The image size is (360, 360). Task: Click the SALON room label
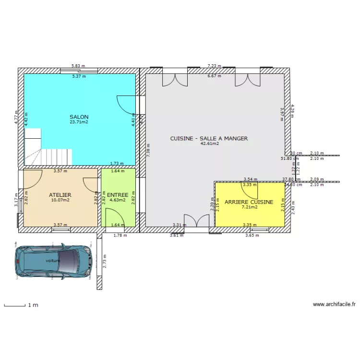79,117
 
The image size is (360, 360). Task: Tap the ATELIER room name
60,195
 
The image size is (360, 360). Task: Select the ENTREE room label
118,195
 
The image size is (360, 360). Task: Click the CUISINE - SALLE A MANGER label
209,138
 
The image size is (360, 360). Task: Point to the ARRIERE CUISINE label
249,202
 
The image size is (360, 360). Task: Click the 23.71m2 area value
79,122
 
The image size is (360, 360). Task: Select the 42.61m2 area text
209,144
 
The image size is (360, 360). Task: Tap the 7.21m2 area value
249,207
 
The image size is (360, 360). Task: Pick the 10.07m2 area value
60,200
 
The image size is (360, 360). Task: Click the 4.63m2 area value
118,200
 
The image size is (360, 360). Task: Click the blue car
52,261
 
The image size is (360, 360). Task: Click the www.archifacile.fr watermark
334,304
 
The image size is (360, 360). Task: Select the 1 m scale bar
14,305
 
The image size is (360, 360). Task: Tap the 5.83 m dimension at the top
78,66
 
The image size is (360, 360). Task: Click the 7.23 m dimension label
214,66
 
